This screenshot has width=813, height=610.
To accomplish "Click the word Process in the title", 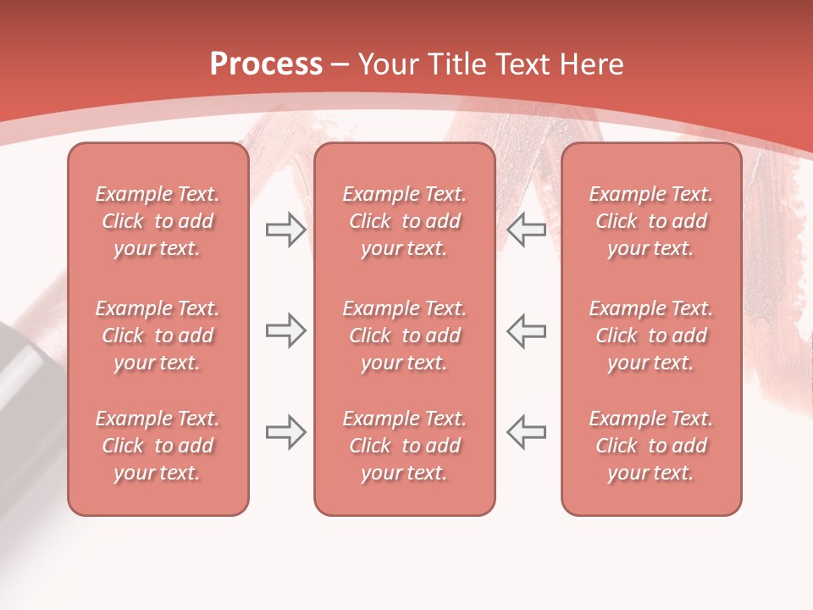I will [266, 64].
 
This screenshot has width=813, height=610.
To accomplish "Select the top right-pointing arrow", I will [285, 230].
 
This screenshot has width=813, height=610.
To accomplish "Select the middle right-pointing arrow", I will [285, 330].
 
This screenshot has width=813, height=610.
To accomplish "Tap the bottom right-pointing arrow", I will [285, 432].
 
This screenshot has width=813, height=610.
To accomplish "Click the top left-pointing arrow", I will [527, 230].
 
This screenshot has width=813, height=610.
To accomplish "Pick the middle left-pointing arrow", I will [527, 330].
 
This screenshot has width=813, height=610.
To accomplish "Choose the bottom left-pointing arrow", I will [527, 432].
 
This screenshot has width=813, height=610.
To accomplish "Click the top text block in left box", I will [158, 221].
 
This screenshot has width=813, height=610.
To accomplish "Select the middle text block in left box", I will [158, 335].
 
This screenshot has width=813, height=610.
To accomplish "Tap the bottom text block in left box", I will [158, 446].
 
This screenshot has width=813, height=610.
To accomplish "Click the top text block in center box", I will [404, 221].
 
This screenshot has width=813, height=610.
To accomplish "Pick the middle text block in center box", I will [404, 335].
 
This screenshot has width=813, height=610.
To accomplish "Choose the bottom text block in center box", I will [404, 446].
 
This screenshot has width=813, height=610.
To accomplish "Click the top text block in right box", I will [651, 221].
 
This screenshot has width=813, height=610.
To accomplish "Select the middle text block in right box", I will [651, 335].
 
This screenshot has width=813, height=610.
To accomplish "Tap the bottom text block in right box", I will [651, 446].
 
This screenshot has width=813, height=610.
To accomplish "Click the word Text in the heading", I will [522, 64].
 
